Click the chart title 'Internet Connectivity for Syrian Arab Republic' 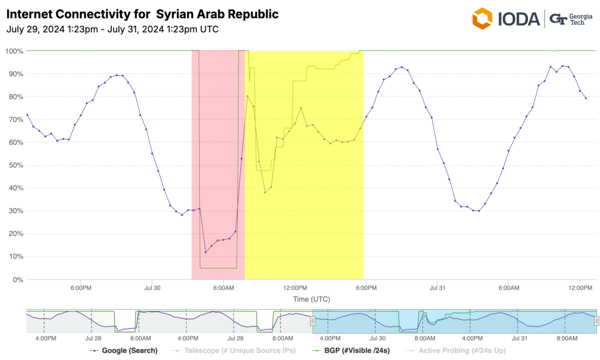pos(142,13)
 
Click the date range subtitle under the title pos(108,29)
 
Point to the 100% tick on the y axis pos(14,51)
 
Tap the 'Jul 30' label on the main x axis pos(152,288)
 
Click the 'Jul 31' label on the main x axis pos(438,288)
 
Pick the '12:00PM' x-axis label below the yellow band pos(295,288)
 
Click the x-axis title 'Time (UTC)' pos(311,299)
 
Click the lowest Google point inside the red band pos(206,252)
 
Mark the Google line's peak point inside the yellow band pos(247,96)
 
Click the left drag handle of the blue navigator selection pos(313,321)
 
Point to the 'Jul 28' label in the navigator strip pos(93,338)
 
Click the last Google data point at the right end pos(585,98)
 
